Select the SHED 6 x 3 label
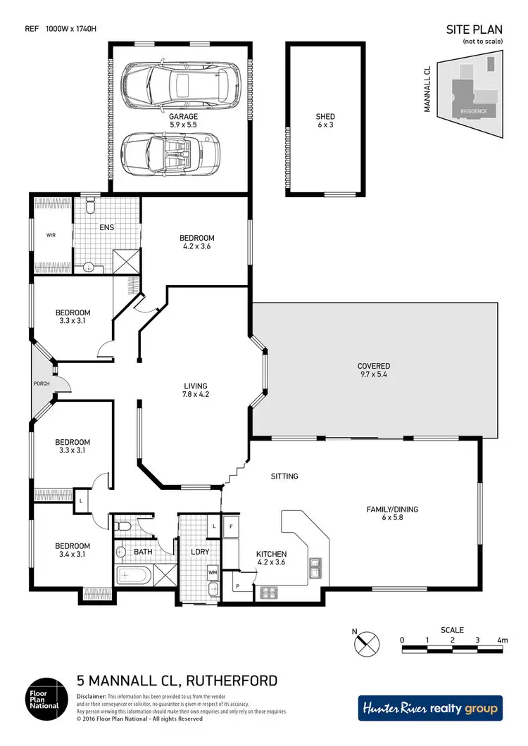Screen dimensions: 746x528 [325, 120]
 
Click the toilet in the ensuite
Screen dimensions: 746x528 [90, 207]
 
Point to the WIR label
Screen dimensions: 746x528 [51, 235]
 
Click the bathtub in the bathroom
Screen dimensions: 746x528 [132, 577]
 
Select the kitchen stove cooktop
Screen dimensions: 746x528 [269, 592]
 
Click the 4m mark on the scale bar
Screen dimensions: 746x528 [502, 640]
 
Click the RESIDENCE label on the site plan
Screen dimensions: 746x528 [473, 111]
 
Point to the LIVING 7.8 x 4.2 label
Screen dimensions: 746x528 [195, 390]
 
